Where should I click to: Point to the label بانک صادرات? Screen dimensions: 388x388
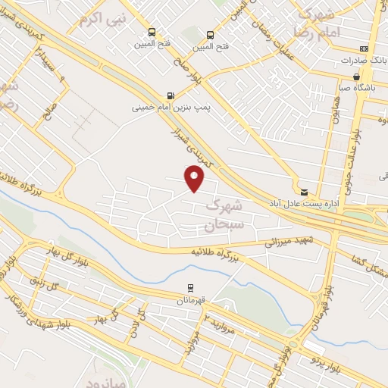click(357, 59)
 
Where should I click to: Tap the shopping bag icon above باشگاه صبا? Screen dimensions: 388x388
click(357, 77)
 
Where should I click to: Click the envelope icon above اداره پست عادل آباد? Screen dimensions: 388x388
click(304, 192)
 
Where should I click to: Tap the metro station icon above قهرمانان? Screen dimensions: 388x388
click(190, 287)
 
